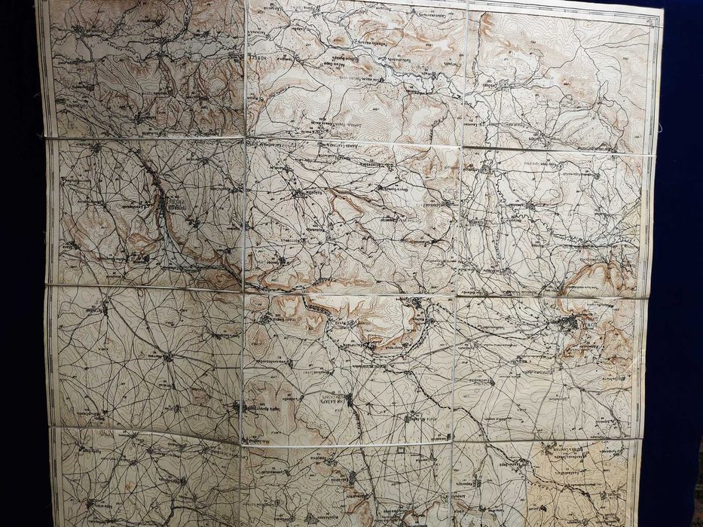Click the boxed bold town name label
coord(175,204)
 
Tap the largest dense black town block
coord(567,323)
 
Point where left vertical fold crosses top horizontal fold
coord(246,138)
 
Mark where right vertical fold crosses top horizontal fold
coord(461,145)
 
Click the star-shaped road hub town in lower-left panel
coord(167,355)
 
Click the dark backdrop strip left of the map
coord(19,263)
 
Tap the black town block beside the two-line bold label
coord(349,400)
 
